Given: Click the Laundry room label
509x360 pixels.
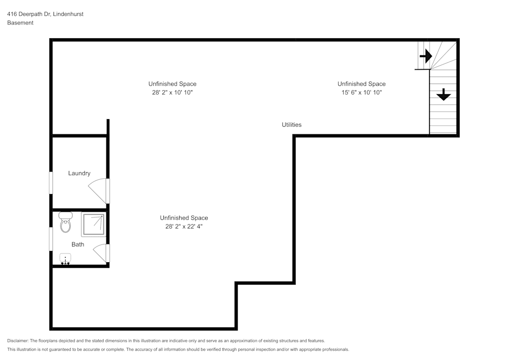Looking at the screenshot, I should pyautogui.click(x=79, y=173).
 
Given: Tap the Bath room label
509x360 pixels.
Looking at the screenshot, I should pyautogui.click(x=78, y=244).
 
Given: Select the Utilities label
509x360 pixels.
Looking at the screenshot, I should pyautogui.click(x=292, y=125).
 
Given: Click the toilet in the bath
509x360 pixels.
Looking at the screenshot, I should pyautogui.click(x=66, y=223).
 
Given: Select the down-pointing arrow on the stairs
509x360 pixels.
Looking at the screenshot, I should pyautogui.click(x=443, y=94).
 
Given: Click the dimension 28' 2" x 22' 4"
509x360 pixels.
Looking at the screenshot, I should pyautogui.click(x=184, y=227).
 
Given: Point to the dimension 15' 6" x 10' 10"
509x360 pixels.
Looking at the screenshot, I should pyautogui.click(x=361, y=93).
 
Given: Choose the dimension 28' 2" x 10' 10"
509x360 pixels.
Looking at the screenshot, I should pyautogui.click(x=172, y=93).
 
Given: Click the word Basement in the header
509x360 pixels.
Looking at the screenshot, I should pyautogui.click(x=20, y=23).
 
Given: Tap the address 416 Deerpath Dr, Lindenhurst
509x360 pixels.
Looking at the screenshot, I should pyautogui.click(x=45, y=14).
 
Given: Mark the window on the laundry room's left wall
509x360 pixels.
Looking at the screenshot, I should pyautogui.click(x=51, y=183).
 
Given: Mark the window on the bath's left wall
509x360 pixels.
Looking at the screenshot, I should pyautogui.click(x=51, y=239).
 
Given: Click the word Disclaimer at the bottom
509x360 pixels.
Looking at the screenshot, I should pyautogui.click(x=18, y=341).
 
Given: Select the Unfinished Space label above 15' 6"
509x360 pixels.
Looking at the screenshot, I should pyautogui.click(x=361, y=84).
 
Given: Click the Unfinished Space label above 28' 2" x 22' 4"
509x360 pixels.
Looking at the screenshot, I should pyautogui.click(x=184, y=218).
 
